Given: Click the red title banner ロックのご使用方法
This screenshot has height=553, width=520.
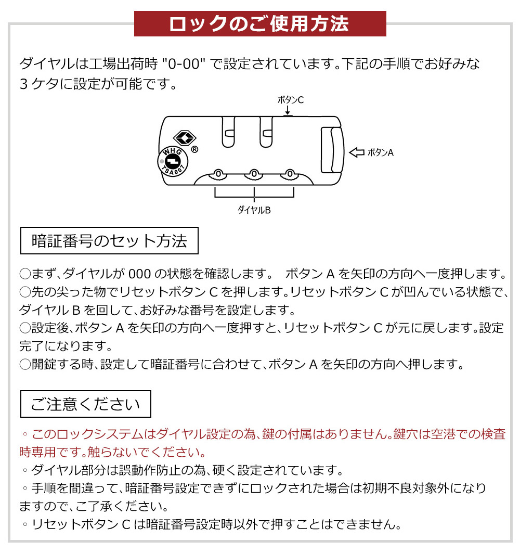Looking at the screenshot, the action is (x=260, y=23).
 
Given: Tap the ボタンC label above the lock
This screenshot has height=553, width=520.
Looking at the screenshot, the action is (x=291, y=100).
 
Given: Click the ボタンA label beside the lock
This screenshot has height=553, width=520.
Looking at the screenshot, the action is (x=381, y=152).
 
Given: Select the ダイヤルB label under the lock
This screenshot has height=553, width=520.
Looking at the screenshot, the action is (x=254, y=210).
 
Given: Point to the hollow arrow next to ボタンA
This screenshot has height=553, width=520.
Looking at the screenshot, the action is (x=356, y=152).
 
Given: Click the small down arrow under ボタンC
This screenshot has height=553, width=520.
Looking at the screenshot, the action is (x=288, y=110).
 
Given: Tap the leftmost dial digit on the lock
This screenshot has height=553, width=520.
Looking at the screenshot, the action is (x=218, y=174).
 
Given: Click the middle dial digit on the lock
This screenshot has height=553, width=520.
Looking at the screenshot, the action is (x=254, y=174).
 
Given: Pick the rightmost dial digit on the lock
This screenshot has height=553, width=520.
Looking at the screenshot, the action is (x=290, y=174).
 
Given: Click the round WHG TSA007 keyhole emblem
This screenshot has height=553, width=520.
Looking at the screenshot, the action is (x=173, y=161).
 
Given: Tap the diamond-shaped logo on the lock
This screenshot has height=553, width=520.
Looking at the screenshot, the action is (x=185, y=137).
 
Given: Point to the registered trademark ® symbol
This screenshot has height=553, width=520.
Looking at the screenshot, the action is (x=194, y=149).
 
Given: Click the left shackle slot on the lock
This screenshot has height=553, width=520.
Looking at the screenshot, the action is (x=228, y=132).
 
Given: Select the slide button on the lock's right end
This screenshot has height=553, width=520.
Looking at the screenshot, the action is (x=332, y=150).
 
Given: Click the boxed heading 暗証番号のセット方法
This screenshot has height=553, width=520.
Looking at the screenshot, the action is (x=109, y=241).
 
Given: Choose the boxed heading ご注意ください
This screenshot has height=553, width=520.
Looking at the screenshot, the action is (x=86, y=404).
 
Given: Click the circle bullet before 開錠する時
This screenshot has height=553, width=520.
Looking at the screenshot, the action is (x=25, y=364).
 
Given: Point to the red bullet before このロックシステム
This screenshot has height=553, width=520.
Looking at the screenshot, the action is (x=25, y=434).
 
